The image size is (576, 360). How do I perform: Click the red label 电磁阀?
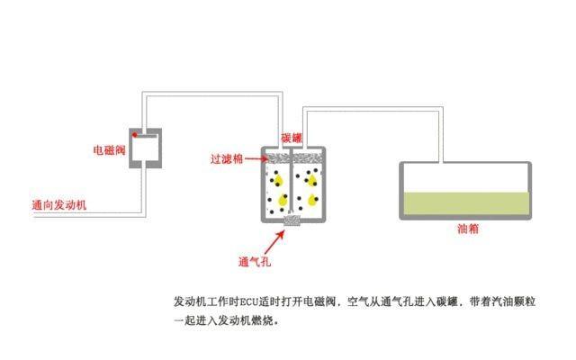tap(110, 150)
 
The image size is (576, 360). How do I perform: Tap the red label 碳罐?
tap(292, 138)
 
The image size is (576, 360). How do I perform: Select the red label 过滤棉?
tap(227, 159)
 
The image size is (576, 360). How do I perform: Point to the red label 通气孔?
tap(255, 262)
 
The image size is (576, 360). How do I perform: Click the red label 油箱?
tap(468, 229)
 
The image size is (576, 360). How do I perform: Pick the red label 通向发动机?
tap(59, 205)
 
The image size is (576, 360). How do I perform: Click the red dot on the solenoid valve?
tap(135, 135)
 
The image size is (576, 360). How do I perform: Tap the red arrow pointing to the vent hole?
tap(274, 242)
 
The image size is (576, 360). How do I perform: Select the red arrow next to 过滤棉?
tap(256, 158)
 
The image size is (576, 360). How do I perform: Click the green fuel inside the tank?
tap(466, 203)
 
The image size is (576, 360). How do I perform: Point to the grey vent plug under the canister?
tap(292, 220)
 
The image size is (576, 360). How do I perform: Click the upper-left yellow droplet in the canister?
tap(278, 180)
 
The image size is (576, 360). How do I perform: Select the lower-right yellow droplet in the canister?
tap(312, 200)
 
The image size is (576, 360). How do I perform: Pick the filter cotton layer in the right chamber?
tap(308, 158)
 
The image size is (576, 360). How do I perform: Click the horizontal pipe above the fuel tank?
tap(373, 109)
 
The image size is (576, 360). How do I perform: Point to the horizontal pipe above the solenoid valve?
tap(212, 94)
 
